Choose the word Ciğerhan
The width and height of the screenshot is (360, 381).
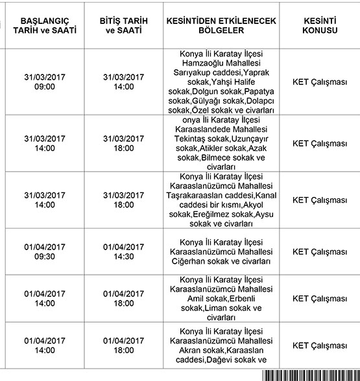point(191,261)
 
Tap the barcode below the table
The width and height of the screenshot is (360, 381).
point(311,376)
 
